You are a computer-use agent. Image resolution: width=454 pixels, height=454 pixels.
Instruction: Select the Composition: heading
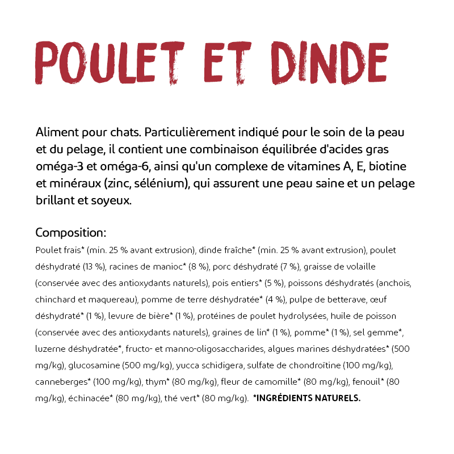pos(71,233)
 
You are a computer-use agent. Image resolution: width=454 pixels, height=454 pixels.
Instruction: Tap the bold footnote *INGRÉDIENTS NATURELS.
pos(306,398)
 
